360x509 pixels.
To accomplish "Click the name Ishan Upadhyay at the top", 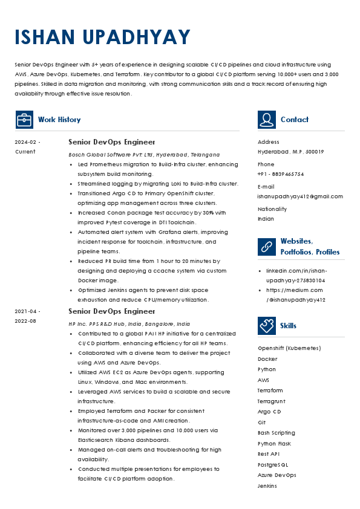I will (x=102, y=37).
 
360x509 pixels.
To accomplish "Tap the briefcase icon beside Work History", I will (x=24, y=120).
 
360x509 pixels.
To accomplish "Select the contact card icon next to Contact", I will (x=267, y=120).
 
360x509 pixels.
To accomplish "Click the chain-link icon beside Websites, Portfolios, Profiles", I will (x=267, y=246).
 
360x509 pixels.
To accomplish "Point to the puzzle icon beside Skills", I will (x=267, y=326).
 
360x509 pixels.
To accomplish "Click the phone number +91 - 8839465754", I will (x=281, y=174).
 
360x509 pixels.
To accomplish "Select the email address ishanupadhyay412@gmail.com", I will (x=300, y=196).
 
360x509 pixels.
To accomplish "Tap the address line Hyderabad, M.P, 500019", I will (x=290, y=152).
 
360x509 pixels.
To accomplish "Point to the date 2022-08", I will (x=25, y=321).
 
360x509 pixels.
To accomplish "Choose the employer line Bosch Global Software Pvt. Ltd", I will (x=144, y=155).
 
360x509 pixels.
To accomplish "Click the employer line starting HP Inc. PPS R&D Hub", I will (x=129, y=324).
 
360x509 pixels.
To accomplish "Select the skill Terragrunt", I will (x=271, y=401).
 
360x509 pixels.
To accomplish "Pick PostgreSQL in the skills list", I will (x=273, y=465).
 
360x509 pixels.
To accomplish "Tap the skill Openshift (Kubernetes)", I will (x=289, y=348).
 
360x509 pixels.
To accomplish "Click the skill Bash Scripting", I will (x=277, y=433).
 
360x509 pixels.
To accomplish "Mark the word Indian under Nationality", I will (x=266, y=219).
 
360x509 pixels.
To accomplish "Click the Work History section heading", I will (x=59, y=120).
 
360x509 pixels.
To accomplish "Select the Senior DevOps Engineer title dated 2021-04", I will (x=112, y=311).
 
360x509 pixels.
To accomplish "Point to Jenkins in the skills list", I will (x=267, y=486).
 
